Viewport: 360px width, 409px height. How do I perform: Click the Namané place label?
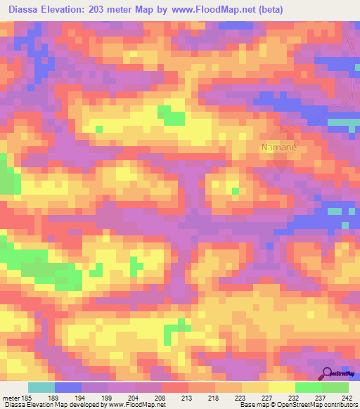[280, 148]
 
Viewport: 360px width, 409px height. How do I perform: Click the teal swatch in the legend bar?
[41, 387]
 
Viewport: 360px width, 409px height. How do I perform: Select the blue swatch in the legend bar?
[67, 387]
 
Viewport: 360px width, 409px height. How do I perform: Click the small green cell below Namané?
[235, 190]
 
